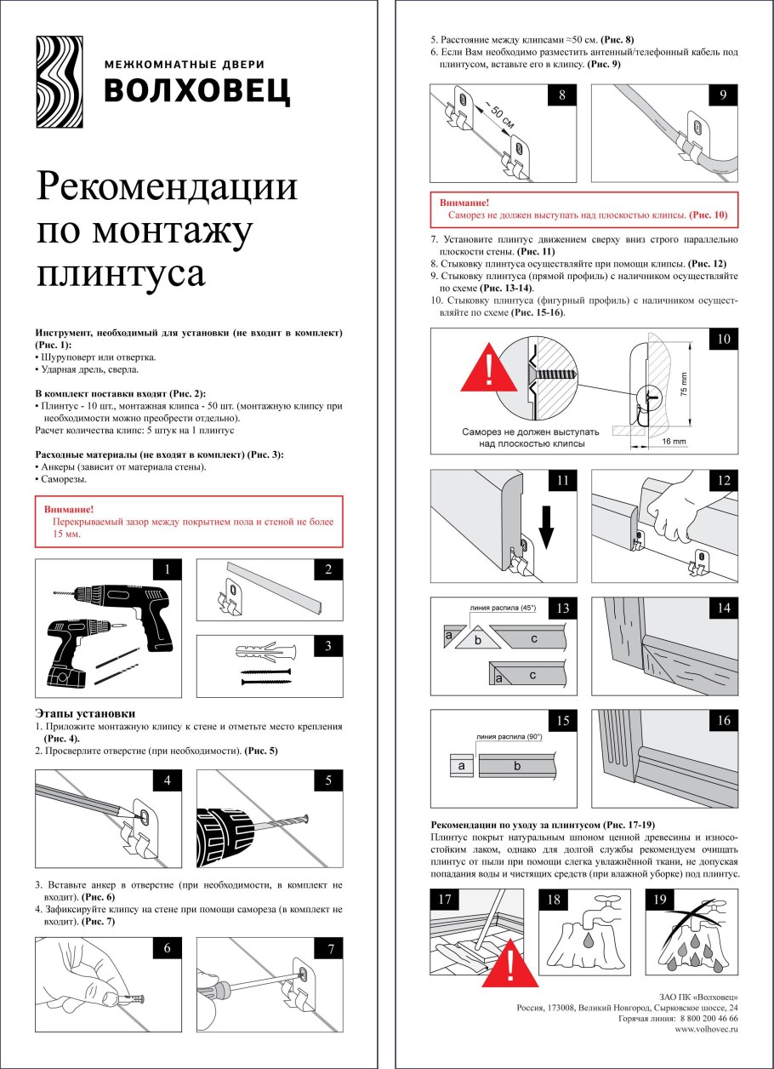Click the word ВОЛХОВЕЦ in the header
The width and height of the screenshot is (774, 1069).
tap(196, 90)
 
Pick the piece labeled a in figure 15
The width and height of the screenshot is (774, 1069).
tap(461, 766)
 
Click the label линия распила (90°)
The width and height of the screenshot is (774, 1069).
tap(509, 737)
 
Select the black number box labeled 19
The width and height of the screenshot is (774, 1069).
tap(660, 900)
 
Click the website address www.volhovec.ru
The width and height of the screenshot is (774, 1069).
tap(706, 1029)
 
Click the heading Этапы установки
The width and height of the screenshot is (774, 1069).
tap(85, 712)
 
